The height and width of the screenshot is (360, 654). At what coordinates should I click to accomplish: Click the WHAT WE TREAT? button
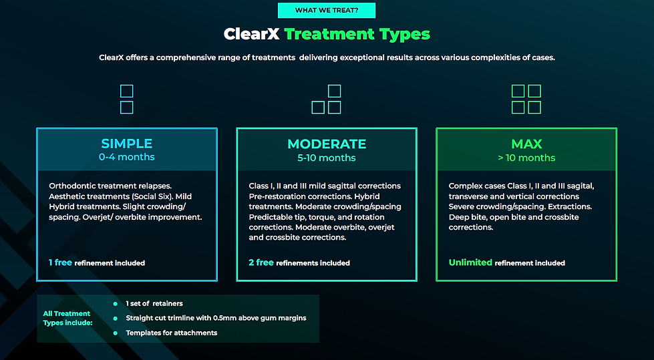pos(326,10)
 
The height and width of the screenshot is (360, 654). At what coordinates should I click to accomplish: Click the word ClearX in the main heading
pos(251,34)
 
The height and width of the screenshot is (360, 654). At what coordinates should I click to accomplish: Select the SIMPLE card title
pos(127,144)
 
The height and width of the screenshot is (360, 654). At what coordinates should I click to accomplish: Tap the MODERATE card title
pos(327,144)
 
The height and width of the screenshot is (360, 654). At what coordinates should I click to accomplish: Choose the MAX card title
pos(526,144)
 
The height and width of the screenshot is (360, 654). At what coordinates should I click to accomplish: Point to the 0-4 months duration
pos(127,158)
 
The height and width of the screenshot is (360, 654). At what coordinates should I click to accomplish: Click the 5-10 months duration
pos(327,158)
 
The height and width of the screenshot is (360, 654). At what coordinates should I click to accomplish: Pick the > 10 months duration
pos(526,158)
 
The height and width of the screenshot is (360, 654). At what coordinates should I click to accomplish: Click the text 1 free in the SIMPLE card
pos(60,262)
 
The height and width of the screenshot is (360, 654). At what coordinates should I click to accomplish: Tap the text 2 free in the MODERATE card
pos(261,262)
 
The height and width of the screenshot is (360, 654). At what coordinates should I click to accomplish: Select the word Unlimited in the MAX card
pos(470,262)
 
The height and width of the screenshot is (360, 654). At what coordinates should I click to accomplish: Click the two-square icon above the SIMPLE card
pos(126,99)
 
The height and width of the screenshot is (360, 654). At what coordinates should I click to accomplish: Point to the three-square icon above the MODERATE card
pos(327,99)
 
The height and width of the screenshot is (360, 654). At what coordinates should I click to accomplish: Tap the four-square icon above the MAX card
pos(526,99)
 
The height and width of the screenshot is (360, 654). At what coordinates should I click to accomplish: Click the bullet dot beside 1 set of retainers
pos(115,304)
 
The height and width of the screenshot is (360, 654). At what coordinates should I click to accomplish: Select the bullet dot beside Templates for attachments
pos(115,333)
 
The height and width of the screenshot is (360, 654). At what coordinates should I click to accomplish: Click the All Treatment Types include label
pos(67,318)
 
